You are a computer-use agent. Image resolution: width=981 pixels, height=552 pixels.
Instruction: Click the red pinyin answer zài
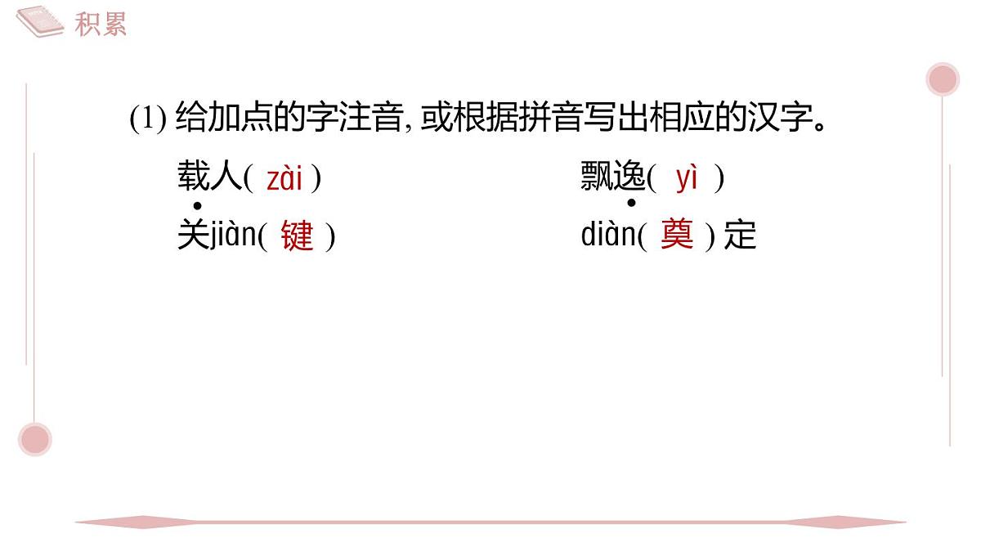click(x=284, y=178)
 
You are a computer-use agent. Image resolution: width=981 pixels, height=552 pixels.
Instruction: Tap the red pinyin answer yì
click(x=686, y=178)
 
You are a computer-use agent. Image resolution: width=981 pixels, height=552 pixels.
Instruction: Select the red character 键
click(x=298, y=235)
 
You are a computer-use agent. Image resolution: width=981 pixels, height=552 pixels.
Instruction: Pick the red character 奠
click(x=677, y=234)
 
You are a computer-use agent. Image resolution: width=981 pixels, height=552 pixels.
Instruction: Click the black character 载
click(x=194, y=176)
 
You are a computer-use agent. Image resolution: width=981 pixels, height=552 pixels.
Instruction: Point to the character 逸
click(x=629, y=176)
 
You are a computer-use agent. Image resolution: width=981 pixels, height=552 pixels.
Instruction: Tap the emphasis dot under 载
click(x=198, y=205)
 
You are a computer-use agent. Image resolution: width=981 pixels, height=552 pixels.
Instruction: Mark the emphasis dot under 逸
click(x=631, y=203)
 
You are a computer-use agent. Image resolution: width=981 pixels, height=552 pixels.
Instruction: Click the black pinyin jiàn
click(x=234, y=235)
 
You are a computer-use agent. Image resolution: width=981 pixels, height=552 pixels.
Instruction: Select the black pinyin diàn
click(x=609, y=234)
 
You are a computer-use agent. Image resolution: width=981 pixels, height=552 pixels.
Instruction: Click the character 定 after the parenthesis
click(x=740, y=235)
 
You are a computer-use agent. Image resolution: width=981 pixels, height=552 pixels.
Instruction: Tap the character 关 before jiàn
click(x=194, y=235)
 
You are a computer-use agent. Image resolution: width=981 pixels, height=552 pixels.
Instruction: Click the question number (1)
click(x=148, y=118)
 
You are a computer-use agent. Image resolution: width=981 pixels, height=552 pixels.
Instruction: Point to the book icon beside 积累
click(x=40, y=21)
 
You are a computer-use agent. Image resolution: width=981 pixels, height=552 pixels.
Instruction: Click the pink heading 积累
click(x=101, y=24)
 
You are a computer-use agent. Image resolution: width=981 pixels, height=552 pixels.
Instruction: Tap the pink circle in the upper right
click(x=943, y=79)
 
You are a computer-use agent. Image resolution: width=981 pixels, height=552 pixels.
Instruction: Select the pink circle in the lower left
click(x=35, y=439)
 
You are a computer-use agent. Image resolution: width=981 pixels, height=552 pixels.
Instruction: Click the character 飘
click(x=597, y=176)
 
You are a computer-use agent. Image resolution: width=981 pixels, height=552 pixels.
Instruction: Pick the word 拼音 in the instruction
click(x=567, y=116)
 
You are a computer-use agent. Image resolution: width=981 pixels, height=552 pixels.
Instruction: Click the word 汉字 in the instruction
click(x=781, y=116)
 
